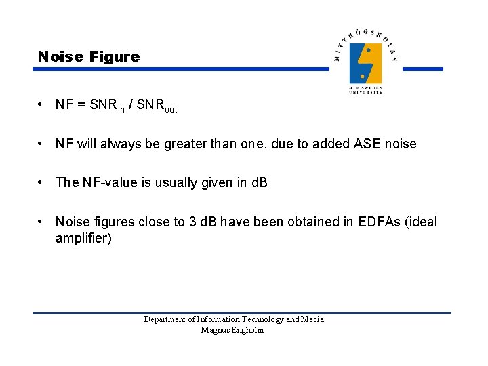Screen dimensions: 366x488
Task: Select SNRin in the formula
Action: click(x=107, y=106)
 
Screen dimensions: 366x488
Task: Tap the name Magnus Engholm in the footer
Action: click(x=232, y=330)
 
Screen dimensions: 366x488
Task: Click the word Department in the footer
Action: click(x=165, y=319)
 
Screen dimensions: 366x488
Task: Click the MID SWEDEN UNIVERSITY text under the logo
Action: click(x=366, y=89)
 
